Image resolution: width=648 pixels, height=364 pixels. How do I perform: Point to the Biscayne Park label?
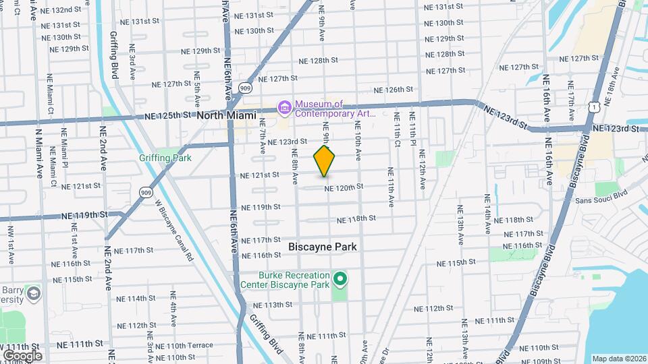(x=323, y=247)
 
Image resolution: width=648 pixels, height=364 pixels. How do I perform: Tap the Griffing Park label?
(x=165, y=158)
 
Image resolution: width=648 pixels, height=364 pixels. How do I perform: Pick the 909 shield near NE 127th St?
(x=246, y=88)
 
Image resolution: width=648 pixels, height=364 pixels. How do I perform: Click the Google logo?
(x=22, y=355)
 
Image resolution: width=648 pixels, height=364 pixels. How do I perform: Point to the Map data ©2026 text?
(x=618, y=359)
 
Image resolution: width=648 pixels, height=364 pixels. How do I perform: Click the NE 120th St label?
(x=344, y=187)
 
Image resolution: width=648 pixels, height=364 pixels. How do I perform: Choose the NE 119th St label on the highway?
(x=84, y=216)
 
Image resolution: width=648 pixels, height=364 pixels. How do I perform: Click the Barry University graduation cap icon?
(x=32, y=294)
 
